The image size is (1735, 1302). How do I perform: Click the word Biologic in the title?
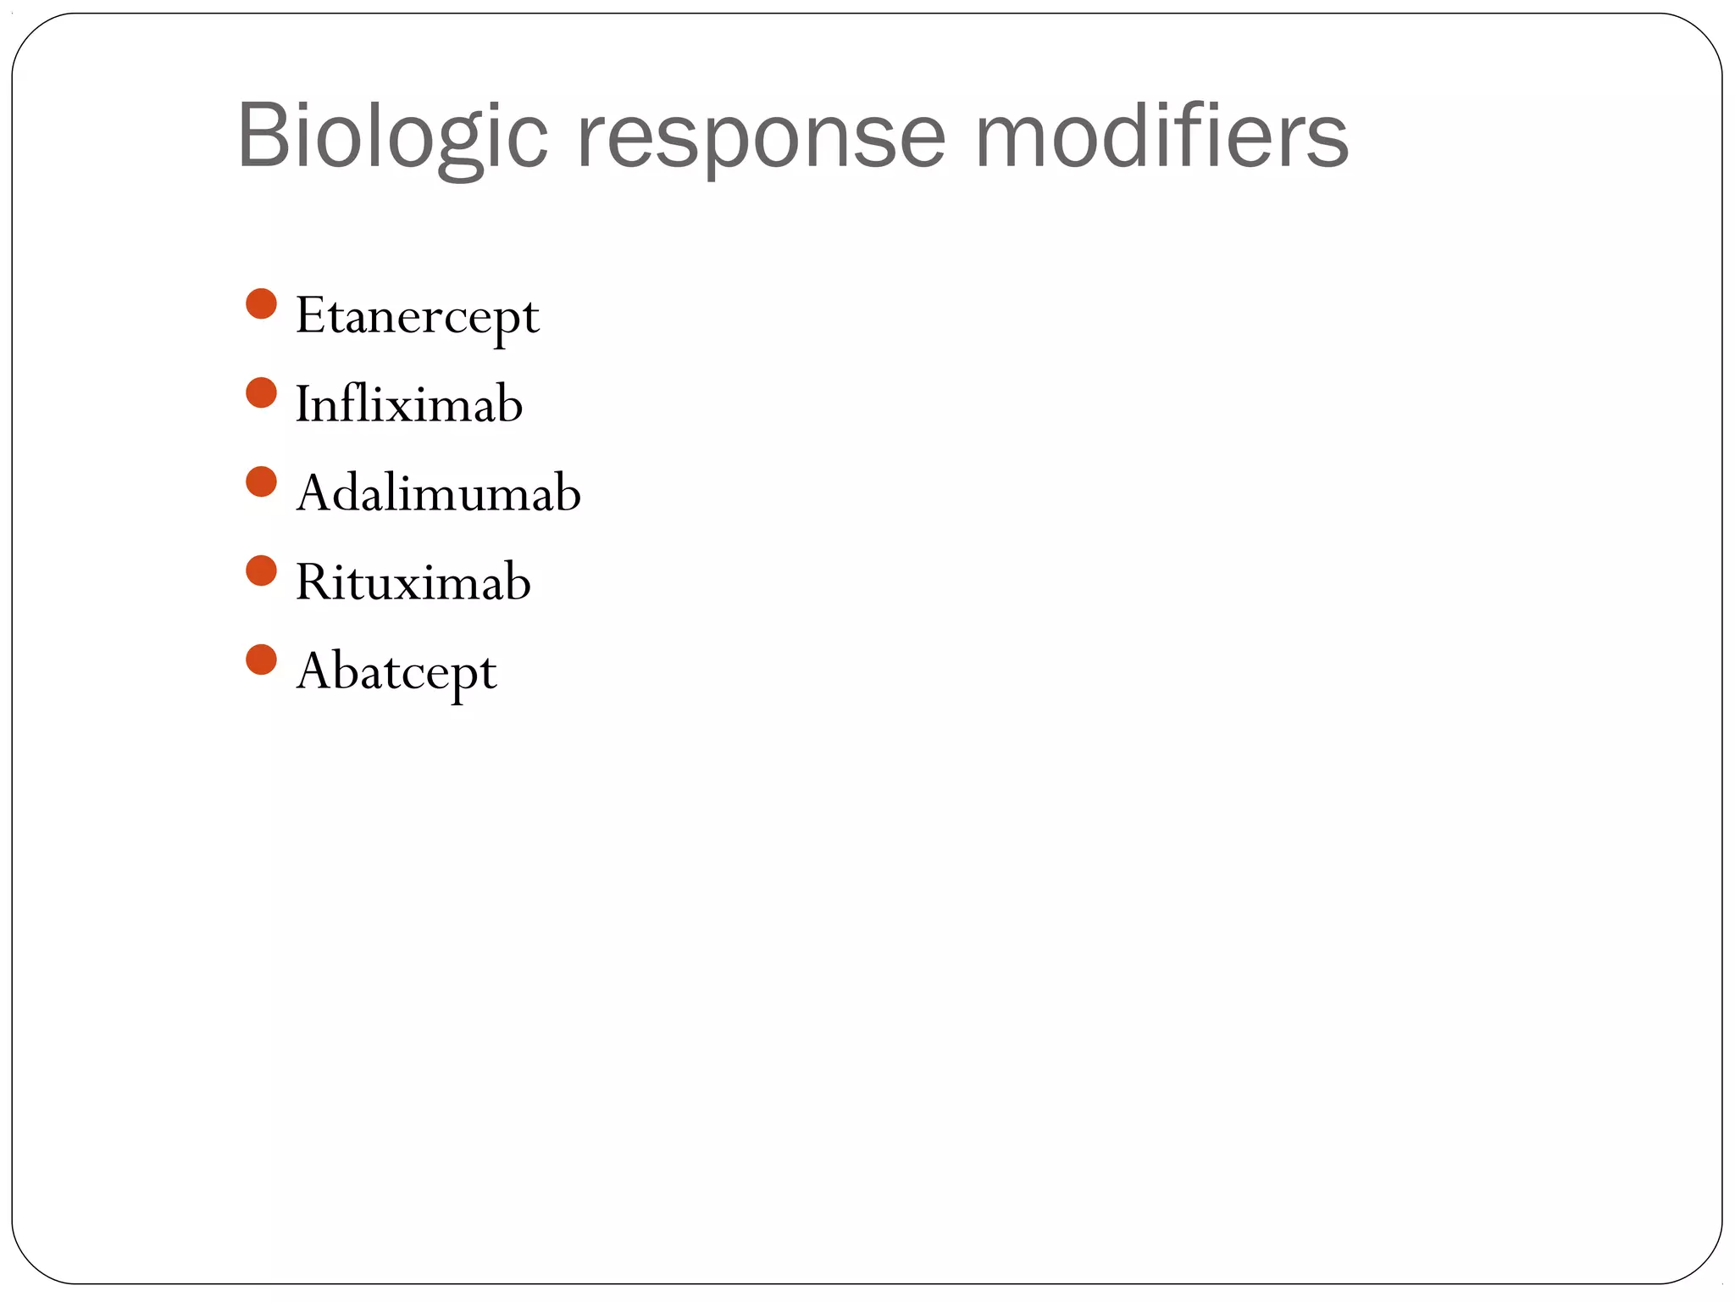392,136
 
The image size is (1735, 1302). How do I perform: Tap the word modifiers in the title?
1161,136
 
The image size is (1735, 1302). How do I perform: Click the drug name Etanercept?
417,317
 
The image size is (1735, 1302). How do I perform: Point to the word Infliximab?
408,403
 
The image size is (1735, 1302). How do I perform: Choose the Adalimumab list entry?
438,492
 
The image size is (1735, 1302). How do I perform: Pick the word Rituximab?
413,582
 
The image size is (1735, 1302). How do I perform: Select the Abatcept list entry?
396,672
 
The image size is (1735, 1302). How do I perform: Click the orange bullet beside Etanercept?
261,304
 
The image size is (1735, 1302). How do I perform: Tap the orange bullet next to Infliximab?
261,393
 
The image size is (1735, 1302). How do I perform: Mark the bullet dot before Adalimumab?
261,482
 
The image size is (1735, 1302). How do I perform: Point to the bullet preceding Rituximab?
261,571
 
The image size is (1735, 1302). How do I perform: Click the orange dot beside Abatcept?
261,660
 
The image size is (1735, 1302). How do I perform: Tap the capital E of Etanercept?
310,315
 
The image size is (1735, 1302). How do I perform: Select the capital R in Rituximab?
312,582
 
